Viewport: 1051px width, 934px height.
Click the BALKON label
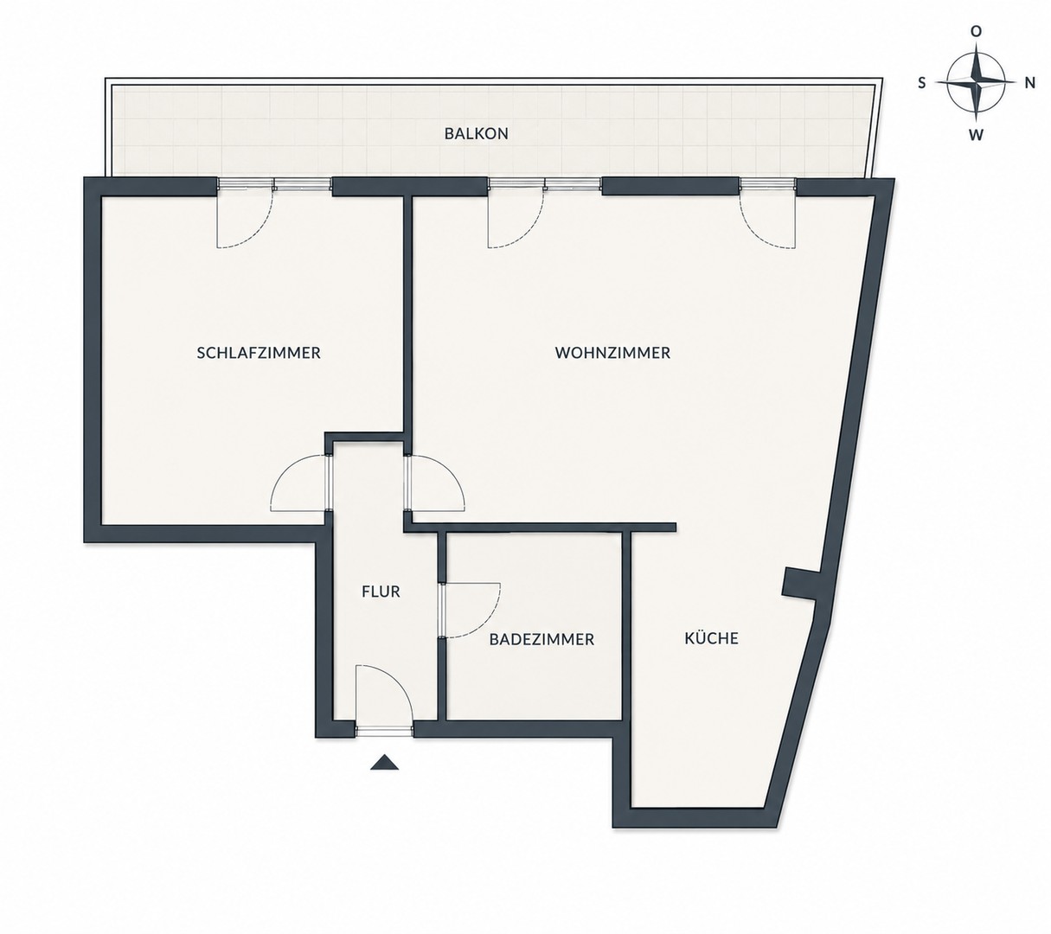(x=477, y=133)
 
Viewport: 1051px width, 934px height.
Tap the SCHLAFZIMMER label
(x=259, y=353)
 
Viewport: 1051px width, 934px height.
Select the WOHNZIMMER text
(x=612, y=353)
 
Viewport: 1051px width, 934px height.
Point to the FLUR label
(x=381, y=592)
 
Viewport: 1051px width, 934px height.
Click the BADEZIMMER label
(x=542, y=639)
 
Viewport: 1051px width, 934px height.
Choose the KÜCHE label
(x=711, y=637)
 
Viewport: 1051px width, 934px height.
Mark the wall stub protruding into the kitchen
(x=802, y=584)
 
